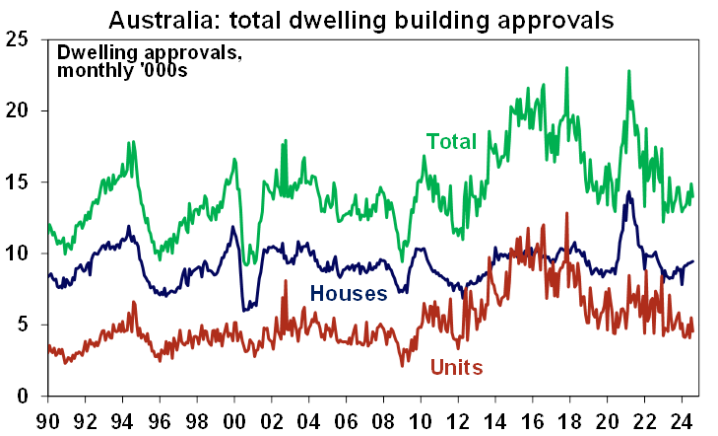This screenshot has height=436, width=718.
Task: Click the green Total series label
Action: (x=451, y=142)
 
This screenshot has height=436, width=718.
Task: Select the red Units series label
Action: (x=456, y=368)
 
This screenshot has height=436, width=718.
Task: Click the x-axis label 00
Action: (x=234, y=417)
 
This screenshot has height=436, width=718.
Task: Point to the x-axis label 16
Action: (x=534, y=417)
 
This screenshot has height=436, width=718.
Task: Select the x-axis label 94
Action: (x=122, y=417)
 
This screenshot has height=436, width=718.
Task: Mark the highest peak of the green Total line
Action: (x=567, y=68)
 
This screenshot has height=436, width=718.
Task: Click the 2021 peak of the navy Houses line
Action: (x=628, y=192)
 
